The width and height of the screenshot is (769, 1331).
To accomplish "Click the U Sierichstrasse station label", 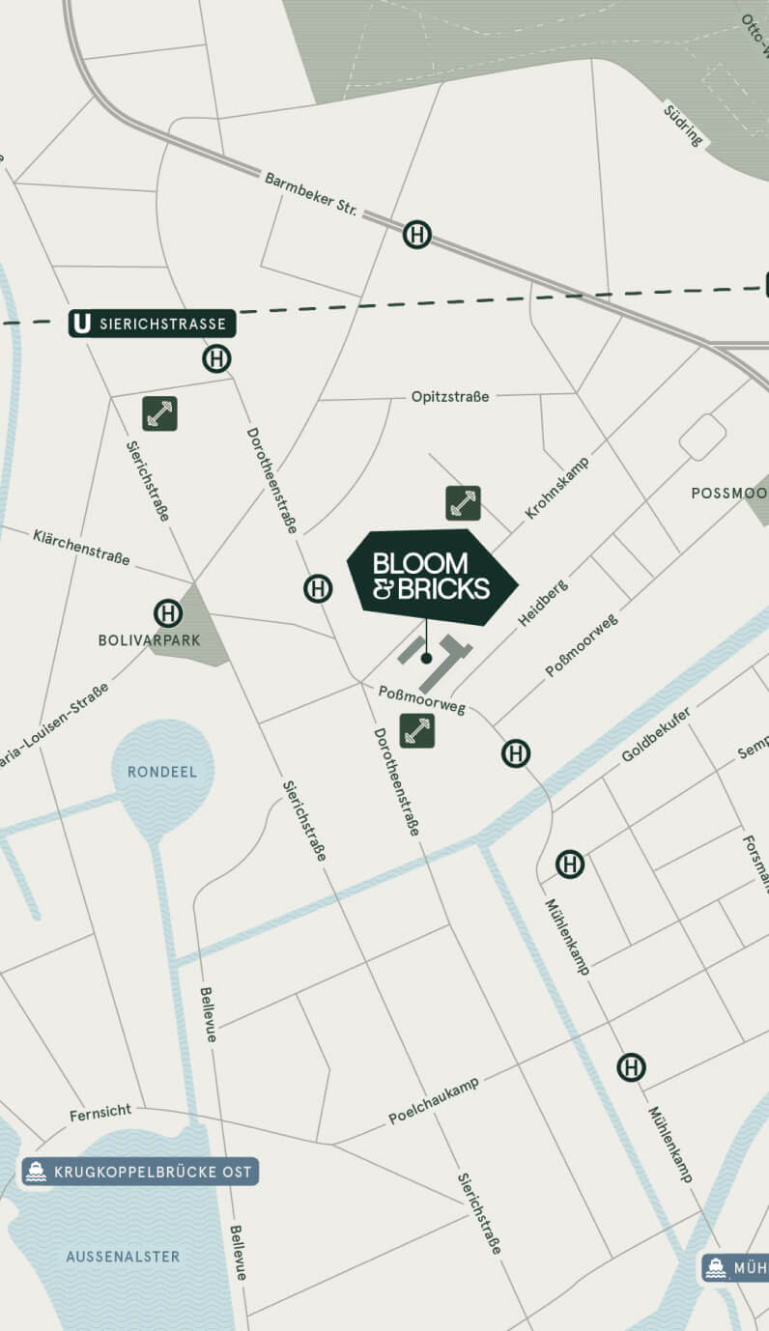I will tap(152, 324).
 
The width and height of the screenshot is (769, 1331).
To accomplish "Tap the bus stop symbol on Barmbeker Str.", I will tap(416, 234).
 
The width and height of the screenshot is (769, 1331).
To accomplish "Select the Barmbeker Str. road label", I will tap(311, 194).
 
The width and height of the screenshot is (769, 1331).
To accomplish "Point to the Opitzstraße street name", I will tap(449, 396).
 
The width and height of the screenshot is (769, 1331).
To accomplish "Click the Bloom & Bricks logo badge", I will tap(432, 577).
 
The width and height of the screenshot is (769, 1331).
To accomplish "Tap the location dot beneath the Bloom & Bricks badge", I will tap(426, 658).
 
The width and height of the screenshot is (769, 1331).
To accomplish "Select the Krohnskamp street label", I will tap(556, 488).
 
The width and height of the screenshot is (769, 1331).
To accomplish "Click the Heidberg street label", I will tap(543, 603).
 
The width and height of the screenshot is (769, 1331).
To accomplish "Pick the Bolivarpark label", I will tap(149, 640).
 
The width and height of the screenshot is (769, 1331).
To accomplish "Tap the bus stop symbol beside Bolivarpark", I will tap(168, 613).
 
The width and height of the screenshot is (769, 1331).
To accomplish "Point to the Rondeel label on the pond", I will tap(162, 772).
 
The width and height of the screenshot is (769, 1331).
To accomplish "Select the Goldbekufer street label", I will tap(656, 733).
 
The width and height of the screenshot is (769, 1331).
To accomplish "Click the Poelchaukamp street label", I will tap(434, 1101).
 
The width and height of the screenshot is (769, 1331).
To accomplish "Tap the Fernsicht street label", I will tap(100, 1113).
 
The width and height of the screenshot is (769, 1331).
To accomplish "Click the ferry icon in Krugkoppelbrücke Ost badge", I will tap(37, 1172).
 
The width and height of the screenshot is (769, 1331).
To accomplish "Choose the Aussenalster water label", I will tap(123, 1257).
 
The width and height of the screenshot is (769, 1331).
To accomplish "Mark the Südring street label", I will tap(683, 125).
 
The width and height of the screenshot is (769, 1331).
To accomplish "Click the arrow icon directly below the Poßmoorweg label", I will tap(417, 730).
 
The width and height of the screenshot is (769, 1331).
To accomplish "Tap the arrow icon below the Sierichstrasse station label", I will tap(159, 413).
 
